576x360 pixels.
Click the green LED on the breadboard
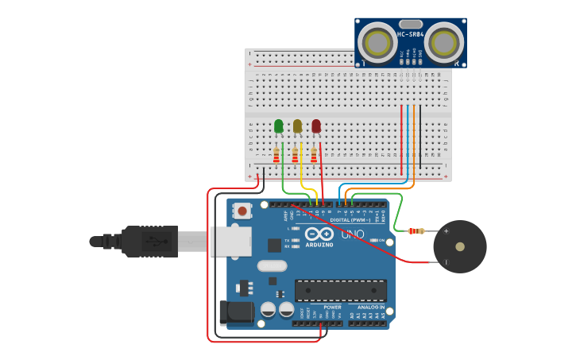278,126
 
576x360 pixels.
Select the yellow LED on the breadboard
297,126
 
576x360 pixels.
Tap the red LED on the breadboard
316,126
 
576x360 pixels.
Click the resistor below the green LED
276,155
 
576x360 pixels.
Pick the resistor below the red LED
314,155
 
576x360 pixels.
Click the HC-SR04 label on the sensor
410,34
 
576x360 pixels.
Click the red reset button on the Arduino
242,211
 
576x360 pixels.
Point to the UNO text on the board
352,234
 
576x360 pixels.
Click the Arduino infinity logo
319,234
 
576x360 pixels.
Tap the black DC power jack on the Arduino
236,312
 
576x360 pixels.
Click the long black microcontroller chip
341,290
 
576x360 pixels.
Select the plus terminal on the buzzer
446,231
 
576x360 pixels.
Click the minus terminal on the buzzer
446,261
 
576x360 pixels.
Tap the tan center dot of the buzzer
460,246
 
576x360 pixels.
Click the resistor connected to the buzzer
416,231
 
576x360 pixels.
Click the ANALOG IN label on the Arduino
370,307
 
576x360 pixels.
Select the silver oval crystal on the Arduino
272,266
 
